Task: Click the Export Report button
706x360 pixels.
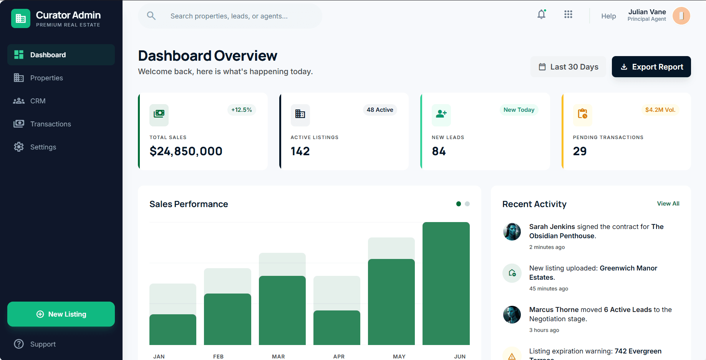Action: click(651, 67)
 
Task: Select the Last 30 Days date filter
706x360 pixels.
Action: click(568, 67)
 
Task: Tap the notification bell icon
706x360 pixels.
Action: click(541, 15)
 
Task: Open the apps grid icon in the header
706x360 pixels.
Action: click(568, 15)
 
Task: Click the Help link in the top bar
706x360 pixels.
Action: click(608, 16)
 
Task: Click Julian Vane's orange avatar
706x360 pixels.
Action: click(681, 16)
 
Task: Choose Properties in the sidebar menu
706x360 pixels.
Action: click(46, 78)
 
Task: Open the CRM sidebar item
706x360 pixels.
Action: click(38, 101)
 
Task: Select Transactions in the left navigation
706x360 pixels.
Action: click(50, 124)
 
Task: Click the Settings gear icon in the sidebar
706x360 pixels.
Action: click(19, 147)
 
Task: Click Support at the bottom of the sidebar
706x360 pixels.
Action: click(43, 344)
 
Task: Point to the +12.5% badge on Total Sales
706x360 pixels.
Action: click(241, 110)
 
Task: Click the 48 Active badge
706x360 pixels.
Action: click(380, 110)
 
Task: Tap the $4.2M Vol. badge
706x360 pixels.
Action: click(660, 110)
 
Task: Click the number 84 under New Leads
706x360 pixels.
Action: click(439, 151)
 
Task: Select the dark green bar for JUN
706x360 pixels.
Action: click(446, 284)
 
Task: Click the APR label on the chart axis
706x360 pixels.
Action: click(338, 357)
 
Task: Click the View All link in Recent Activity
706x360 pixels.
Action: click(668, 204)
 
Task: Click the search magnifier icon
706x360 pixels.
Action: click(151, 16)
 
